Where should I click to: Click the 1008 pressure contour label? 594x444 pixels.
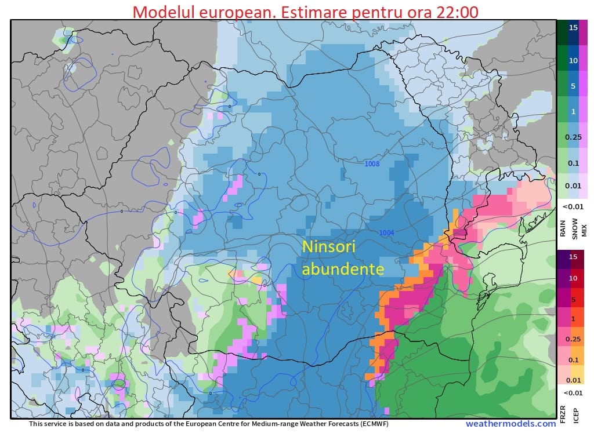click(x=372, y=164)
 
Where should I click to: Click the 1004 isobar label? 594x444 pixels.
click(x=387, y=233)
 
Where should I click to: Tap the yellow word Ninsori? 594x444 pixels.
click(x=328, y=248)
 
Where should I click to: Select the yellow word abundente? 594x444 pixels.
click(x=343, y=269)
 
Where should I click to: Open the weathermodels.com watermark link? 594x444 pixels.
click(x=510, y=424)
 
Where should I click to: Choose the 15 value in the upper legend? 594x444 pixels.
click(x=573, y=27)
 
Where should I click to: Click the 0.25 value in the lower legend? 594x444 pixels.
click(x=573, y=339)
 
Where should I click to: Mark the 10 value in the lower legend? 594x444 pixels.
click(x=573, y=278)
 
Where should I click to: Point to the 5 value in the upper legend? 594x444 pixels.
click(x=573, y=86)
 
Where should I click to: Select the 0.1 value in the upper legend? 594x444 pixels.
click(x=573, y=163)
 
